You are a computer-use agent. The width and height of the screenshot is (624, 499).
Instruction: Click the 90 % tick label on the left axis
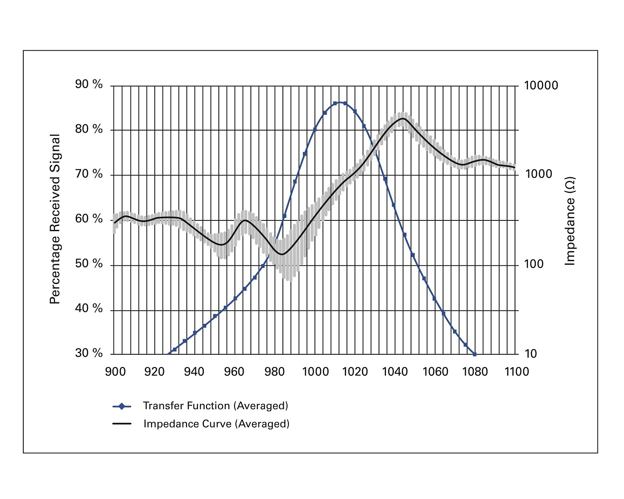click(89, 85)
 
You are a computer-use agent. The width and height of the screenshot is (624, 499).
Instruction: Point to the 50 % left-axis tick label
click(89, 264)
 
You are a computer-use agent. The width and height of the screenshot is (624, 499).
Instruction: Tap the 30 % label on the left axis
click(89, 353)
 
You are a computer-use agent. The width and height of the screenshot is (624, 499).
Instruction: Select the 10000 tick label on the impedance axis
click(541, 86)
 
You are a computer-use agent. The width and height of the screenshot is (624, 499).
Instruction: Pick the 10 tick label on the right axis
click(530, 354)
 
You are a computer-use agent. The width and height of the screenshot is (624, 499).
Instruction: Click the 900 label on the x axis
click(115, 371)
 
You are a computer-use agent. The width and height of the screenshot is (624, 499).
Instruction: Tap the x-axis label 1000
click(315, 371)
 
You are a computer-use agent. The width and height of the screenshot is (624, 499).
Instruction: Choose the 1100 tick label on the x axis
click(516, 371)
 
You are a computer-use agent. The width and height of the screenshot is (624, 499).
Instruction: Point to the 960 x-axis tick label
click(234, 371)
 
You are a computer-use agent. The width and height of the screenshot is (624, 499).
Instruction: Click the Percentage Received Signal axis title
click(55, 219)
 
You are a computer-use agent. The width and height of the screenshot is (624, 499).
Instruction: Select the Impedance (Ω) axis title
click(570, 221)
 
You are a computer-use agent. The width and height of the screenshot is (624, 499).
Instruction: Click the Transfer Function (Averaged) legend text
click(215, 406)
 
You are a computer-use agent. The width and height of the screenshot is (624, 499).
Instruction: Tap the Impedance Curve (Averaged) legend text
click(216, 424)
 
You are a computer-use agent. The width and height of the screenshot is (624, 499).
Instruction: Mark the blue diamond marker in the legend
click(121, 406)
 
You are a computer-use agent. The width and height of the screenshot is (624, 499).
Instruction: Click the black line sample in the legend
click(121, 424)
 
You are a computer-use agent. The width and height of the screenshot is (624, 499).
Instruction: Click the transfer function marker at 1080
click(475, 354)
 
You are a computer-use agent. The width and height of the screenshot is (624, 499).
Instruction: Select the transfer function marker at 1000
click(315, 129)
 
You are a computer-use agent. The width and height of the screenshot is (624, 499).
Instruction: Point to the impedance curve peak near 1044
click(402, 119)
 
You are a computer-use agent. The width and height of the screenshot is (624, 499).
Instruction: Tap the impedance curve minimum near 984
click(282, 254)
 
